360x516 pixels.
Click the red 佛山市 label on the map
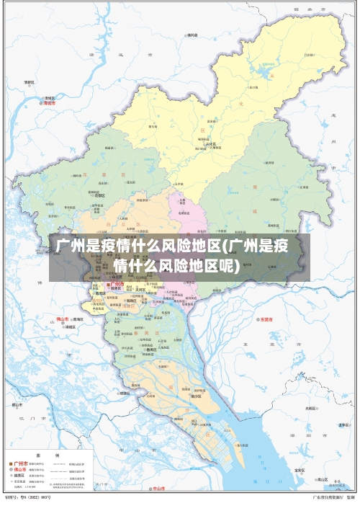[x=63, y=319]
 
